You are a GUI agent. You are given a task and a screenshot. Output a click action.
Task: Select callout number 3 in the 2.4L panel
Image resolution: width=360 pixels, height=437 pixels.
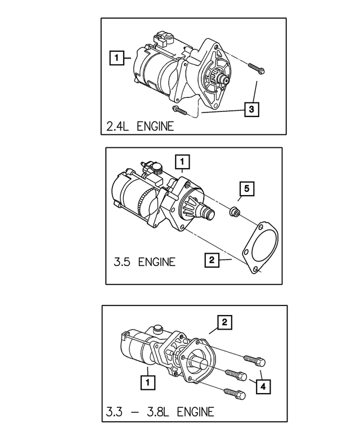(x=252, y=109)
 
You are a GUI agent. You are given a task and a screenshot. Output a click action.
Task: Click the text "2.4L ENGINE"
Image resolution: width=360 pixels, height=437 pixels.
(x=140, y=126)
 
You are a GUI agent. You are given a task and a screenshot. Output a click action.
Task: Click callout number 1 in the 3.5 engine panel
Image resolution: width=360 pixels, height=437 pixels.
(x=182, y=162)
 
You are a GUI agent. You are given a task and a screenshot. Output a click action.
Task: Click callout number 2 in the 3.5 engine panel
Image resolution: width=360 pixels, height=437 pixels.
(x=211, y=260)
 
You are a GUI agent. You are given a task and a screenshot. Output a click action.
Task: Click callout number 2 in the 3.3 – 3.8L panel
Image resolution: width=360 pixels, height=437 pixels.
(x=224, y=322)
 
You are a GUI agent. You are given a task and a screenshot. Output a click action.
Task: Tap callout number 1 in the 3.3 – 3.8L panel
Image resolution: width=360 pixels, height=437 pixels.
(x=147, y=382)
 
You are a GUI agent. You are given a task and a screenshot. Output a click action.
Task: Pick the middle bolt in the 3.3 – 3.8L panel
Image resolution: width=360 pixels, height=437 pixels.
(x=235, y=373)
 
